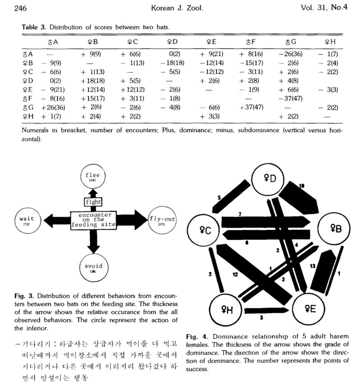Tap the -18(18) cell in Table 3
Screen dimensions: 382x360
tap(172, 63)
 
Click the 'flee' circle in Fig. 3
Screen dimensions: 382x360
tap(92, 177)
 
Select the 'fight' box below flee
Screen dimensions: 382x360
tap(92, 202)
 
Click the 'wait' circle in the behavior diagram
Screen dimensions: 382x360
tap(27, 220)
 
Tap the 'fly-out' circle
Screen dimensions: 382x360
tap(161, 220)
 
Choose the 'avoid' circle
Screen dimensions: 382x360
tap(93, 267)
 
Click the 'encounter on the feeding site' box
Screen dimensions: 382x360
tap(93, 220)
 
